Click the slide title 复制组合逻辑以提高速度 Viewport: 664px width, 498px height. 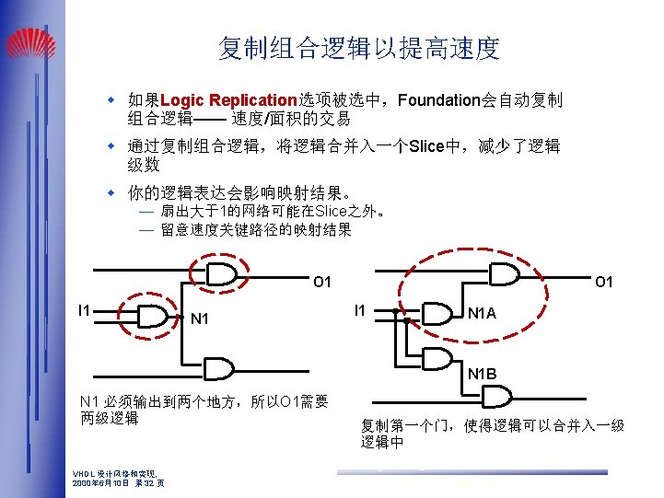(x=359, y=48)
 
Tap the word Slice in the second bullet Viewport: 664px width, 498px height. (x=426, y=146)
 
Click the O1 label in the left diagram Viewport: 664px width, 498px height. (x=321, y=281)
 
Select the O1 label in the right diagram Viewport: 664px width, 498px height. (x=604, y=281)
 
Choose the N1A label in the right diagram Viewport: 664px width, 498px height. (x=482, y=314)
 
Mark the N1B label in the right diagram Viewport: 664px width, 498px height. (x=482, y=374)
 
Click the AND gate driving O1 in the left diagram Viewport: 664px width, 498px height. (x=222, y=273)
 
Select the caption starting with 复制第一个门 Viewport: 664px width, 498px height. (x=493, y=434)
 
